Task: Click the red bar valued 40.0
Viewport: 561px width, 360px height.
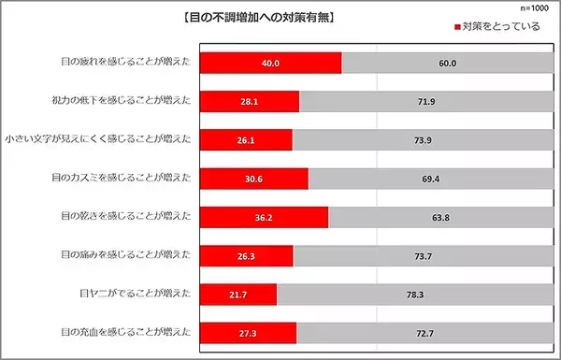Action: [x=271, y=63]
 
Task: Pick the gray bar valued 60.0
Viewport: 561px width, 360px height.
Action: [x=447, y=63]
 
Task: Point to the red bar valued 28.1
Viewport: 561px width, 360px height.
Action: [x=251, y=101]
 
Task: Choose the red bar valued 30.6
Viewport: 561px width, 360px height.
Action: [x=254, y=178]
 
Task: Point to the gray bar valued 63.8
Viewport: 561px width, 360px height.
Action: [x=439, y=217]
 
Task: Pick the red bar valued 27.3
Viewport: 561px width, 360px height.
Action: [x=249, y=332]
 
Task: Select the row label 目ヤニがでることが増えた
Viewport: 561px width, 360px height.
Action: [x=137, y=294]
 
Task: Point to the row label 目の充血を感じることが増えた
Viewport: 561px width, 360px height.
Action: [x=126, y=332]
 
